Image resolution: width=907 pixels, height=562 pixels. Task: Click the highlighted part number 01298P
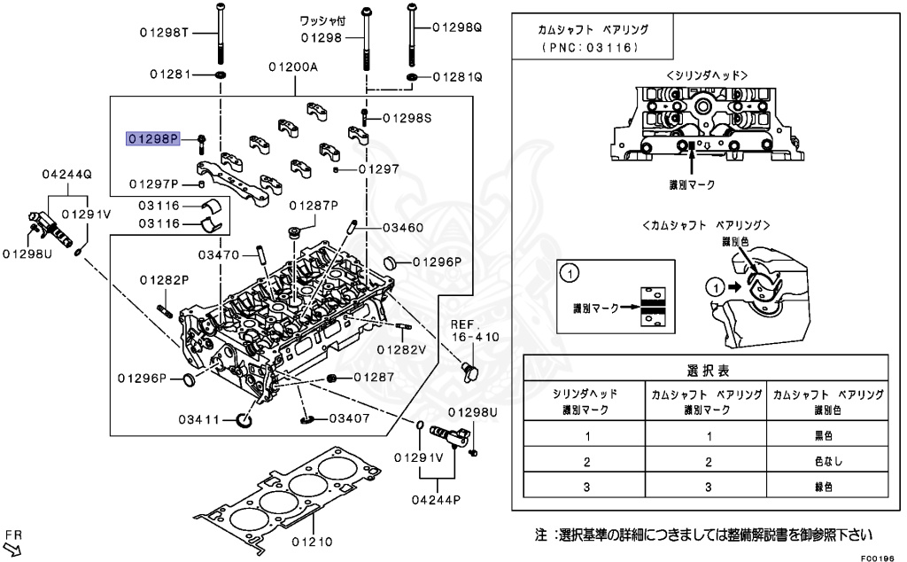[153, 138]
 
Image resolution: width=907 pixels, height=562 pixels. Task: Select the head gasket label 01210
[311, 541]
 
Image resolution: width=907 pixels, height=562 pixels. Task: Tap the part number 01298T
[164, 34]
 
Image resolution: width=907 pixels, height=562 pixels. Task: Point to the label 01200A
[294, 67]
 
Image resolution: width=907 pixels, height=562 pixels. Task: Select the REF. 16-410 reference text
[475, 331]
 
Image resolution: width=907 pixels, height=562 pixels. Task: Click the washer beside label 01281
[220, 74]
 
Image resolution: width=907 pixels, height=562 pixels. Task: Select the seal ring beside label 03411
[244, 418]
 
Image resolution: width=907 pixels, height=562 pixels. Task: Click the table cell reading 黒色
[826, 435]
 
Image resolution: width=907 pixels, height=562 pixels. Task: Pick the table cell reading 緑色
[826, 486]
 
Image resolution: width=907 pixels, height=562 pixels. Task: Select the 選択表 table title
[706, 370]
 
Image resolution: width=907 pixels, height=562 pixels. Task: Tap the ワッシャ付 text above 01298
[322, 20]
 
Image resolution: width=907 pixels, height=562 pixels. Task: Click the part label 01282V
[401, 349]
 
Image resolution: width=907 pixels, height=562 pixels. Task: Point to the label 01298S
[407, 118]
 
